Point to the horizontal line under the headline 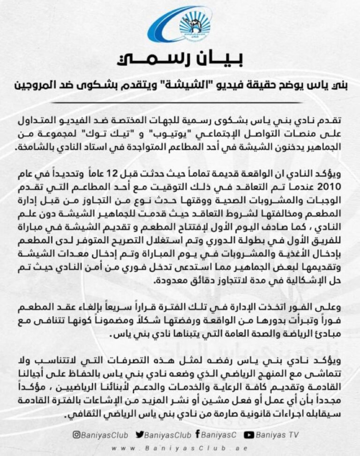point(180,102)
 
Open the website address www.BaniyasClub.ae point(180,447)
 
